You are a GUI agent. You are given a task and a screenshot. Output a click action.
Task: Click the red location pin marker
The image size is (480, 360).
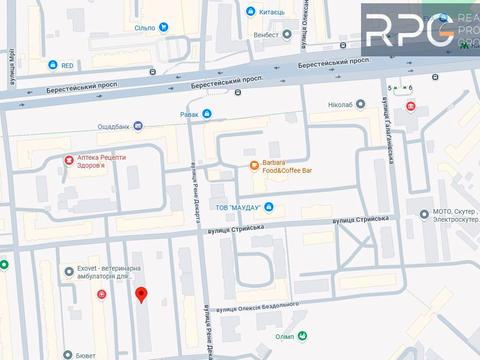click(x=141, y=294)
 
